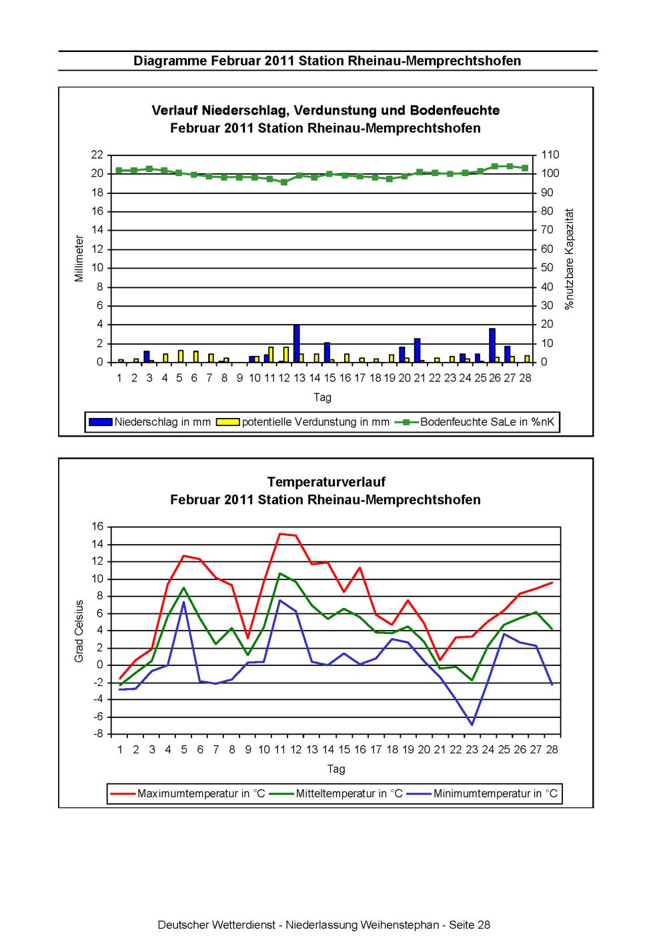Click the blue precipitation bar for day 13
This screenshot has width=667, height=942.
(x=297, y=343)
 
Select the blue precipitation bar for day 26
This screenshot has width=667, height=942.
(x=492, y=345)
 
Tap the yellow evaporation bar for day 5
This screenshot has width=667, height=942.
(x=181, y=356)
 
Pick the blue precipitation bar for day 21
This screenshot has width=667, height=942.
(x=417, y=350)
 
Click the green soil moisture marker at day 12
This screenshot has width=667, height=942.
(x=284, y=182)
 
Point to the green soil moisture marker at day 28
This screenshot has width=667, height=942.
(x=525, y=168)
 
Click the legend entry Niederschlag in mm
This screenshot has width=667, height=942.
(x=149, y=422)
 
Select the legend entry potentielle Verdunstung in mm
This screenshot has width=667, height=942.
(x=303, y=422)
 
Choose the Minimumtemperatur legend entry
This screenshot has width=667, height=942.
(x=483, y=793)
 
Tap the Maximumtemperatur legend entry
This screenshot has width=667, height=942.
(x=187, y=793)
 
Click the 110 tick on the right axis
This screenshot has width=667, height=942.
(x=550, y=155)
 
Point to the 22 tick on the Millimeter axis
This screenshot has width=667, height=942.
(x=97, y=155)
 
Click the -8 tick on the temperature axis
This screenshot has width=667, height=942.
(x=98, y=734)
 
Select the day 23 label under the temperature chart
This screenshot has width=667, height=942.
(x=472, y=749)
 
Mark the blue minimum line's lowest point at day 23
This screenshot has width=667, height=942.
(x=472, y=725)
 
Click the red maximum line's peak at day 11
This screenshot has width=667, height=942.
(x=280, y=533)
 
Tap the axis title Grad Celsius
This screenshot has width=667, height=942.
(x=79, y=631)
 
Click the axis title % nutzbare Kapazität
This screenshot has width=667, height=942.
(x=570, y=259)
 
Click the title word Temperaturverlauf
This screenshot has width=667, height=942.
(x=326, y=481)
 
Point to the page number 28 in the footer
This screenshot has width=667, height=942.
(x=484, y=925)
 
